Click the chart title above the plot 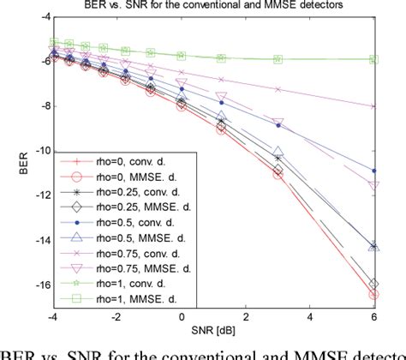(x=217, y=7)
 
